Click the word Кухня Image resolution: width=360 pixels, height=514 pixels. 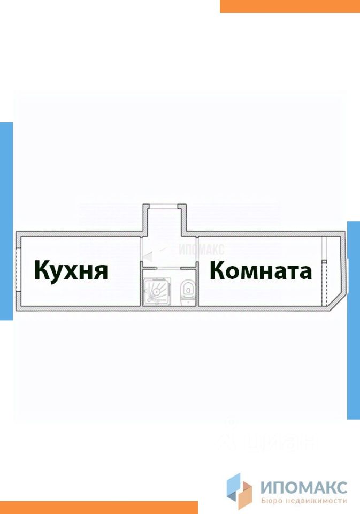(71, 270)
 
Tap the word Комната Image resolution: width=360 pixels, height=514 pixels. (261, 270)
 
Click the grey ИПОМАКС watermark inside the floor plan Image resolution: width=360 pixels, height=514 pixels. (201, 248)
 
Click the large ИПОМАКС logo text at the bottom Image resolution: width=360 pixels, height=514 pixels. (304, 487)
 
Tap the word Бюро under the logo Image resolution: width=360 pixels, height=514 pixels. (272, 501)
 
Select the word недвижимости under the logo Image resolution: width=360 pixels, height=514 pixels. (319, 501)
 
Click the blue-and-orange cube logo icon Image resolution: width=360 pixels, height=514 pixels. (239, 489)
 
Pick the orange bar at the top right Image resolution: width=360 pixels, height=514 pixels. (289, 6)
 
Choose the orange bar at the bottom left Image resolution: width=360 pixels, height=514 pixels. (99, 507)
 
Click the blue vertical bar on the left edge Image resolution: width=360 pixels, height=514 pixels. (6, 221)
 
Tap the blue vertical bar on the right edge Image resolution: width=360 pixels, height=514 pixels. (354, 320)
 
